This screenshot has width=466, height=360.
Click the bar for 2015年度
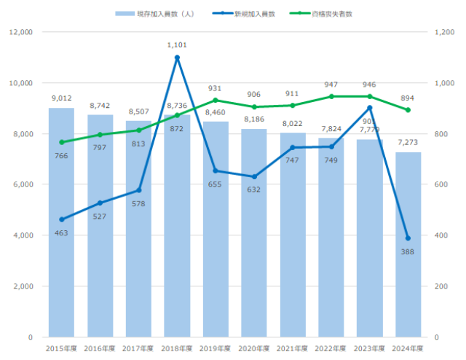(61, 222)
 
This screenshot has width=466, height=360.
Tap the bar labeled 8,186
(254, 233)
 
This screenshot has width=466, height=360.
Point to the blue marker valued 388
(408, 238)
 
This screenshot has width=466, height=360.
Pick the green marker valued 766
(61, 142)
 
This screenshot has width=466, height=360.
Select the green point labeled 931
(216, 101)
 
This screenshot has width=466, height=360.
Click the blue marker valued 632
(254, 176)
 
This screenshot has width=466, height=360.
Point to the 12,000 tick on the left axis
(20, 33)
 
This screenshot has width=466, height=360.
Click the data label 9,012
(61, 98)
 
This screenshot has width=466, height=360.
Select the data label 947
(331, 85)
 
